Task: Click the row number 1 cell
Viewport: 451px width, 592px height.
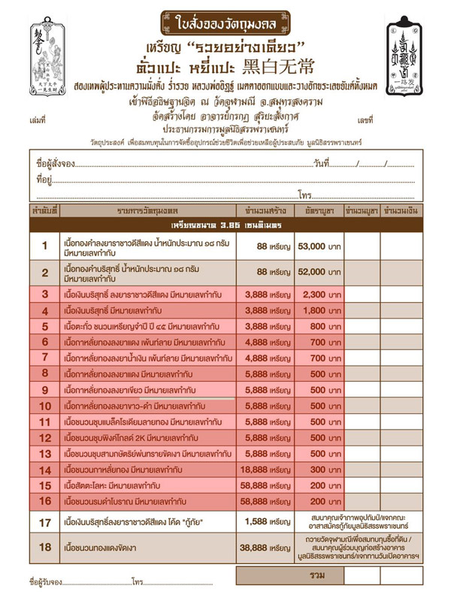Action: click(44, 246)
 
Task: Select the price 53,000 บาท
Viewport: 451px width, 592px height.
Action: click(320, 246)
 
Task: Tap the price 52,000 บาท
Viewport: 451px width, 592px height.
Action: click(320, 272)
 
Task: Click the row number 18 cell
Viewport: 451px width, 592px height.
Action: click(44, 550)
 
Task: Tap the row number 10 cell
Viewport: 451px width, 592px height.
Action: click(44, 406)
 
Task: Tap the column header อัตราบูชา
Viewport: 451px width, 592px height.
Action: click(320, 210)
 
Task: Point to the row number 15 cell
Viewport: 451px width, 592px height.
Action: click(44, 485)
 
